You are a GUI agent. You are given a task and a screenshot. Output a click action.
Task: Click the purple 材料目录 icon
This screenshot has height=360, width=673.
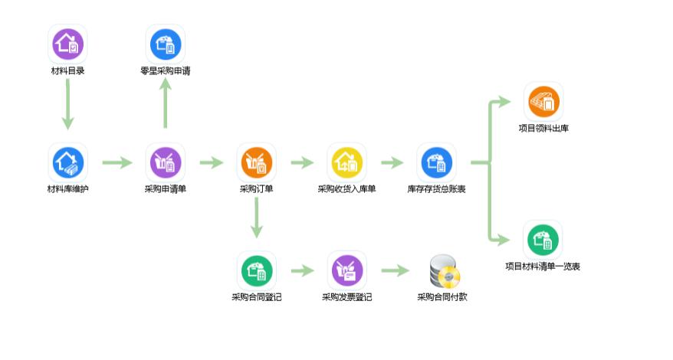[x=67, y=44]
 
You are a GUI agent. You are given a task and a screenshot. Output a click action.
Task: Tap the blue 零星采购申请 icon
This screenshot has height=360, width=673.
[x=165, y=44]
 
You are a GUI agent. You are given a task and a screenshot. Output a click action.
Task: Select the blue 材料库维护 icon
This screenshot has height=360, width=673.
[x=67, y=162]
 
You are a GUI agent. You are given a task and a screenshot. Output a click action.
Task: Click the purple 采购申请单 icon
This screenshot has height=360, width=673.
[x=165, y=162]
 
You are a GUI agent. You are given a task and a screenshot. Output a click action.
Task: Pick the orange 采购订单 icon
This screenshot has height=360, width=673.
[x=257, y=162]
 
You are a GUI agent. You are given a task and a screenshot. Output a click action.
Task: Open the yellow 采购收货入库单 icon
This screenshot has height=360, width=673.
[x=346, y=162]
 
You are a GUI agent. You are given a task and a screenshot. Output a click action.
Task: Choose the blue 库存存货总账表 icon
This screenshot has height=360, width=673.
[x=436, y=162]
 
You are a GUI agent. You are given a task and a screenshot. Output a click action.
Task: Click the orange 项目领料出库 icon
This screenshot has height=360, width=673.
[x=543, y=102]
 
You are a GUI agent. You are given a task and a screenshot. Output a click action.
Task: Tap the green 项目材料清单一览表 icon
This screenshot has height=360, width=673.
[x=543, y=241]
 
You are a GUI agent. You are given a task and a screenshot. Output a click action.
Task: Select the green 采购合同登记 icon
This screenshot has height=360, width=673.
[x=257, y=270]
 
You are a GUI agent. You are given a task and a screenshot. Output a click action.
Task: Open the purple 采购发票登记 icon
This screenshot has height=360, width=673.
[x=346, y=270]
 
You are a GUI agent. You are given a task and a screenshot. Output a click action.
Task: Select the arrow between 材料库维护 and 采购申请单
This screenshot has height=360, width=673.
[x=117, y=162]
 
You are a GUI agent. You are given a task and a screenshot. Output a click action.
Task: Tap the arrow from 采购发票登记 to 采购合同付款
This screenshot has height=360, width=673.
[x=395, y=270]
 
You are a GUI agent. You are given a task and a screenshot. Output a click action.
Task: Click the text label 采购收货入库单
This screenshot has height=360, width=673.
[x=346, y=188]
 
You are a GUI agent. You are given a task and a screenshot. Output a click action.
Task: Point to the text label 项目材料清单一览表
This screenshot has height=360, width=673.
[x=543, y=267]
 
